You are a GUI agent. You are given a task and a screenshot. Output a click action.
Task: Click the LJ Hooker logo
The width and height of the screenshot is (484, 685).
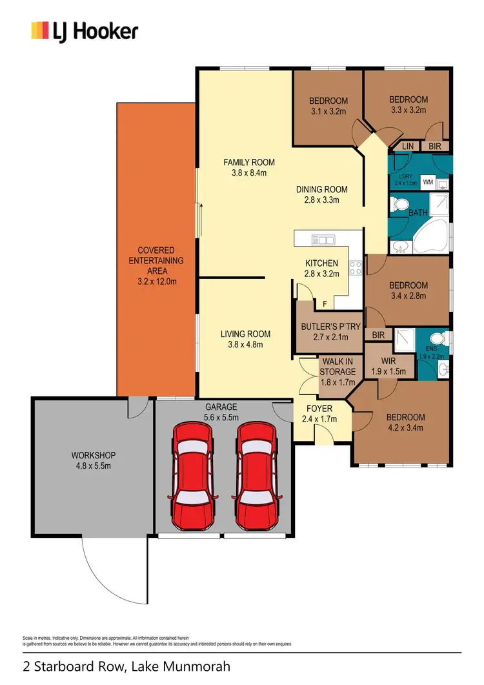coord(85,30)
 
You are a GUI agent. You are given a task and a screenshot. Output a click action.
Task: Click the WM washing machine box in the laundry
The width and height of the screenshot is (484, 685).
coord(427,183)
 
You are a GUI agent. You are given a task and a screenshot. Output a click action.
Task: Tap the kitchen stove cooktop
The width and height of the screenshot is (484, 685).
coord(354,267)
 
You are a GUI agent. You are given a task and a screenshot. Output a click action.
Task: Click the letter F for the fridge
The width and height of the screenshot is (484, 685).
coord(325,303)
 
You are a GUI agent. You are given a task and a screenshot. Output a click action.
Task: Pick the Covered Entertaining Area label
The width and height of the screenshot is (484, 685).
coord(156,266)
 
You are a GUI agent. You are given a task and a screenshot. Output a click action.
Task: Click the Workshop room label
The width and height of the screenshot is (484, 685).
coord(93,460)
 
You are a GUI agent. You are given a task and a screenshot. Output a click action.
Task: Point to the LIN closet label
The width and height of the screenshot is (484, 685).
coord(407,147)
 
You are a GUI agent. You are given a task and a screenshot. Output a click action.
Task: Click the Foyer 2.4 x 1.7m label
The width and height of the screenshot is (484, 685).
coord(319,413)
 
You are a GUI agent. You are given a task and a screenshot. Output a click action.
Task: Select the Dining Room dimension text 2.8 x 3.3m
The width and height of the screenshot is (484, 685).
coord(322,200)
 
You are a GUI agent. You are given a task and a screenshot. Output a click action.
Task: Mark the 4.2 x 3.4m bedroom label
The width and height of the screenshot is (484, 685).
coord(406,422)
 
